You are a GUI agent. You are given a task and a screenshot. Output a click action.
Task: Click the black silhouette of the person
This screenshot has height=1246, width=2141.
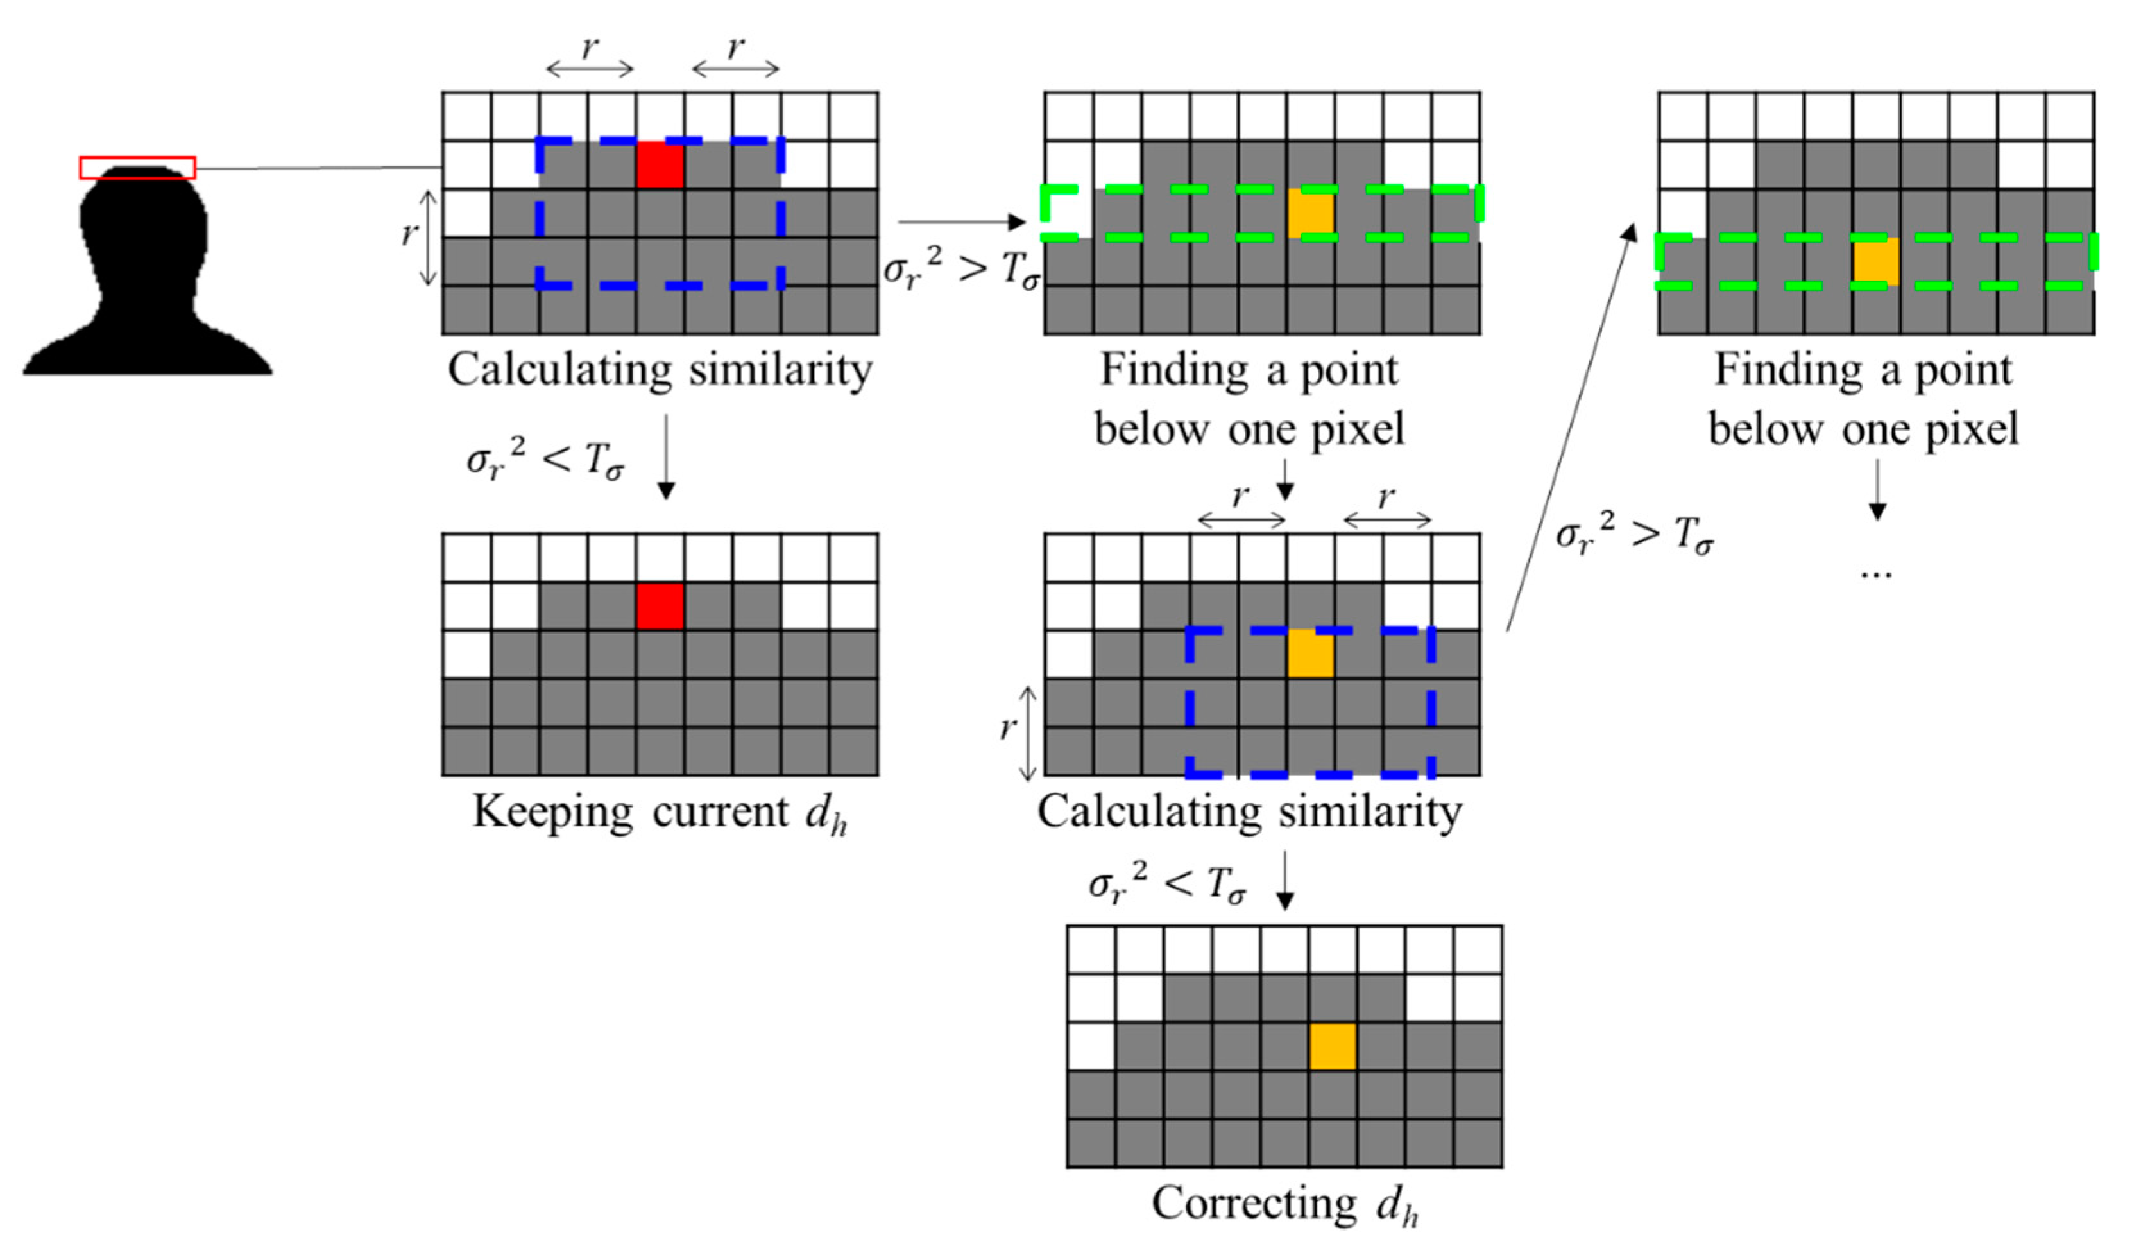pos(144,281)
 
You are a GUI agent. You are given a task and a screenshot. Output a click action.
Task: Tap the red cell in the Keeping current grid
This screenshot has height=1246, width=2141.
pos(660,606)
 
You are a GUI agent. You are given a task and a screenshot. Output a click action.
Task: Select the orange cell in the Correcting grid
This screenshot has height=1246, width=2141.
pos(1331,1046)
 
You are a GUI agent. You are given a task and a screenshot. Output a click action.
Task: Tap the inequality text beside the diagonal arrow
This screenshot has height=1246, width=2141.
pos(1633,535)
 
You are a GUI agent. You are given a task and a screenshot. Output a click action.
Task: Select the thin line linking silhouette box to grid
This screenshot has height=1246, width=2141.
pos(319,168)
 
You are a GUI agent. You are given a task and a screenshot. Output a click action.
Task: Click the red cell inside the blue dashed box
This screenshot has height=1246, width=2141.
pos(660,165)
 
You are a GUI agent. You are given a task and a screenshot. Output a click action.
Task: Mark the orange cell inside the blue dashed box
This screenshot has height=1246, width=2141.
pos(1310,653)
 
